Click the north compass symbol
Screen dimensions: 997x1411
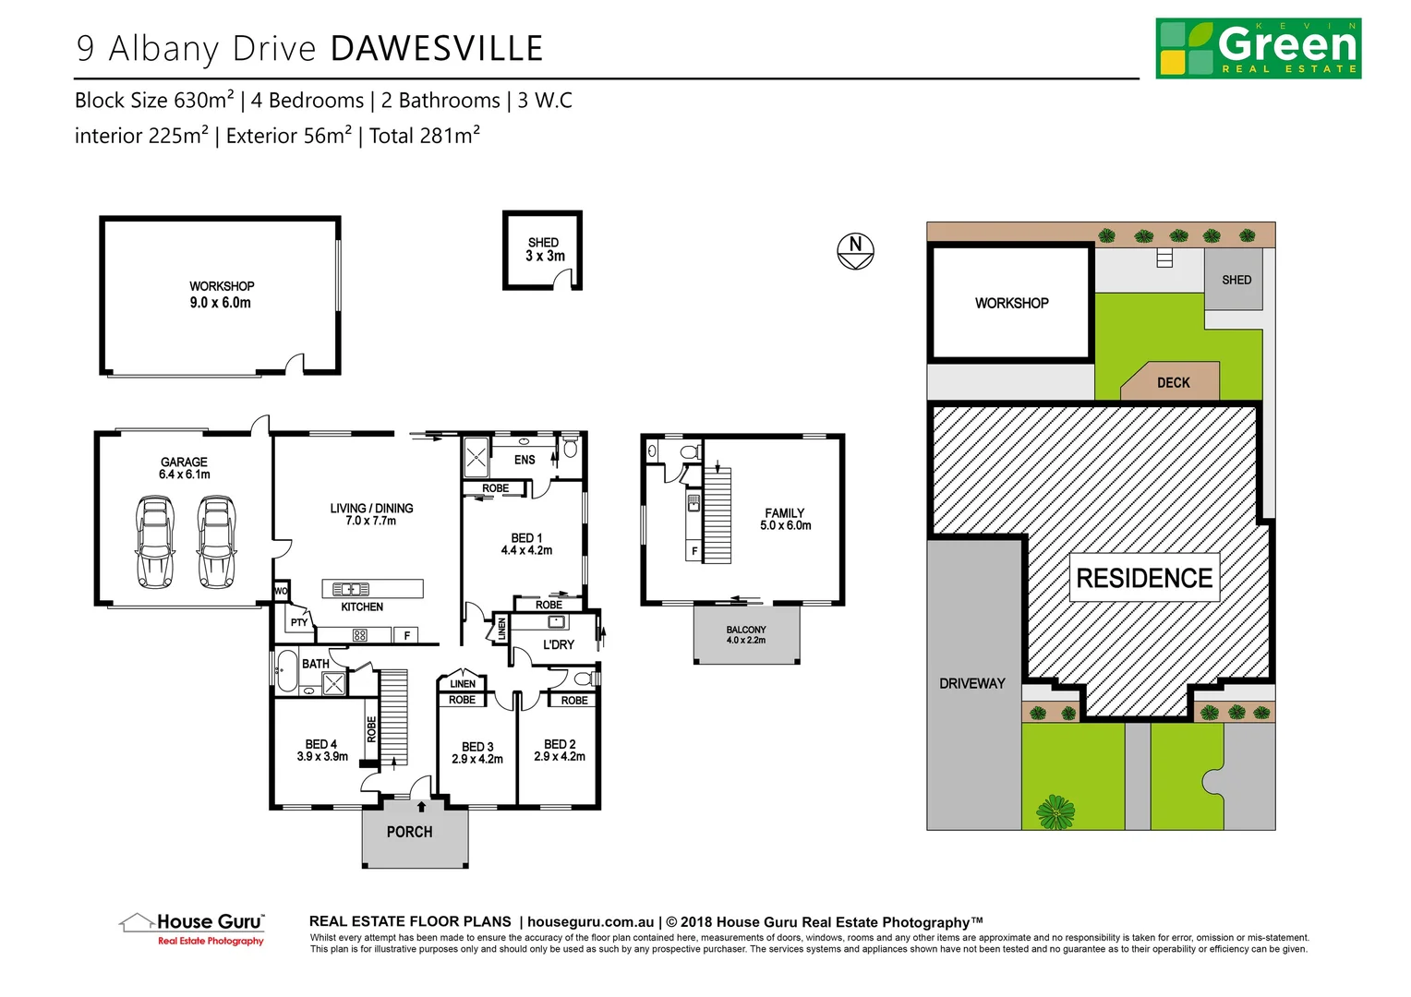click(x=855, y=250)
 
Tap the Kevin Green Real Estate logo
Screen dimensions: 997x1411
click(x=1258, y=48)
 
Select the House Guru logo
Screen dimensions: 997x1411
click(x=193, y=928)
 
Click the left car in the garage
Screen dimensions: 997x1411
click(x=154, y=542)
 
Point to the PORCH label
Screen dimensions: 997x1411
click(x=409, y=832)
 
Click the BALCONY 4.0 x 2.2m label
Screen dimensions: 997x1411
click(x=746, y=635)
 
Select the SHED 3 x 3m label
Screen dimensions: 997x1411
click(x=544, y=250)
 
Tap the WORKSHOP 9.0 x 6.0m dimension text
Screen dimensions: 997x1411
click(x=221, y=303)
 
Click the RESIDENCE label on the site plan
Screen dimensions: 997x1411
click(x=1144, y=578)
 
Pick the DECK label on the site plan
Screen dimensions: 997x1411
click(x=1173, y=382)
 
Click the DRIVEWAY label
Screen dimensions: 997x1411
click(x=971, y=683)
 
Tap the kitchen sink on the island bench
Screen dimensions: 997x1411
click(x=351, y=589)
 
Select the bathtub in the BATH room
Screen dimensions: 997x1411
click(x=286, y=671)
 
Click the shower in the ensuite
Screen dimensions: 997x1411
click(x=476, y=456)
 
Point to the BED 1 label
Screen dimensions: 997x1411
click(x=526, y=544)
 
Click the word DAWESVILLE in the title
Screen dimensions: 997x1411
click(x=437, y=49)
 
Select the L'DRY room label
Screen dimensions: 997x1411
click(x=558, y=644)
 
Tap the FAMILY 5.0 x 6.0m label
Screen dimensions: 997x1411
click(x=785, y=519)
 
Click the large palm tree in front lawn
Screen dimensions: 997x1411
click(x=1055, y=812)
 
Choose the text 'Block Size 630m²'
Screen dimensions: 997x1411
click(x=154, y=101)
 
